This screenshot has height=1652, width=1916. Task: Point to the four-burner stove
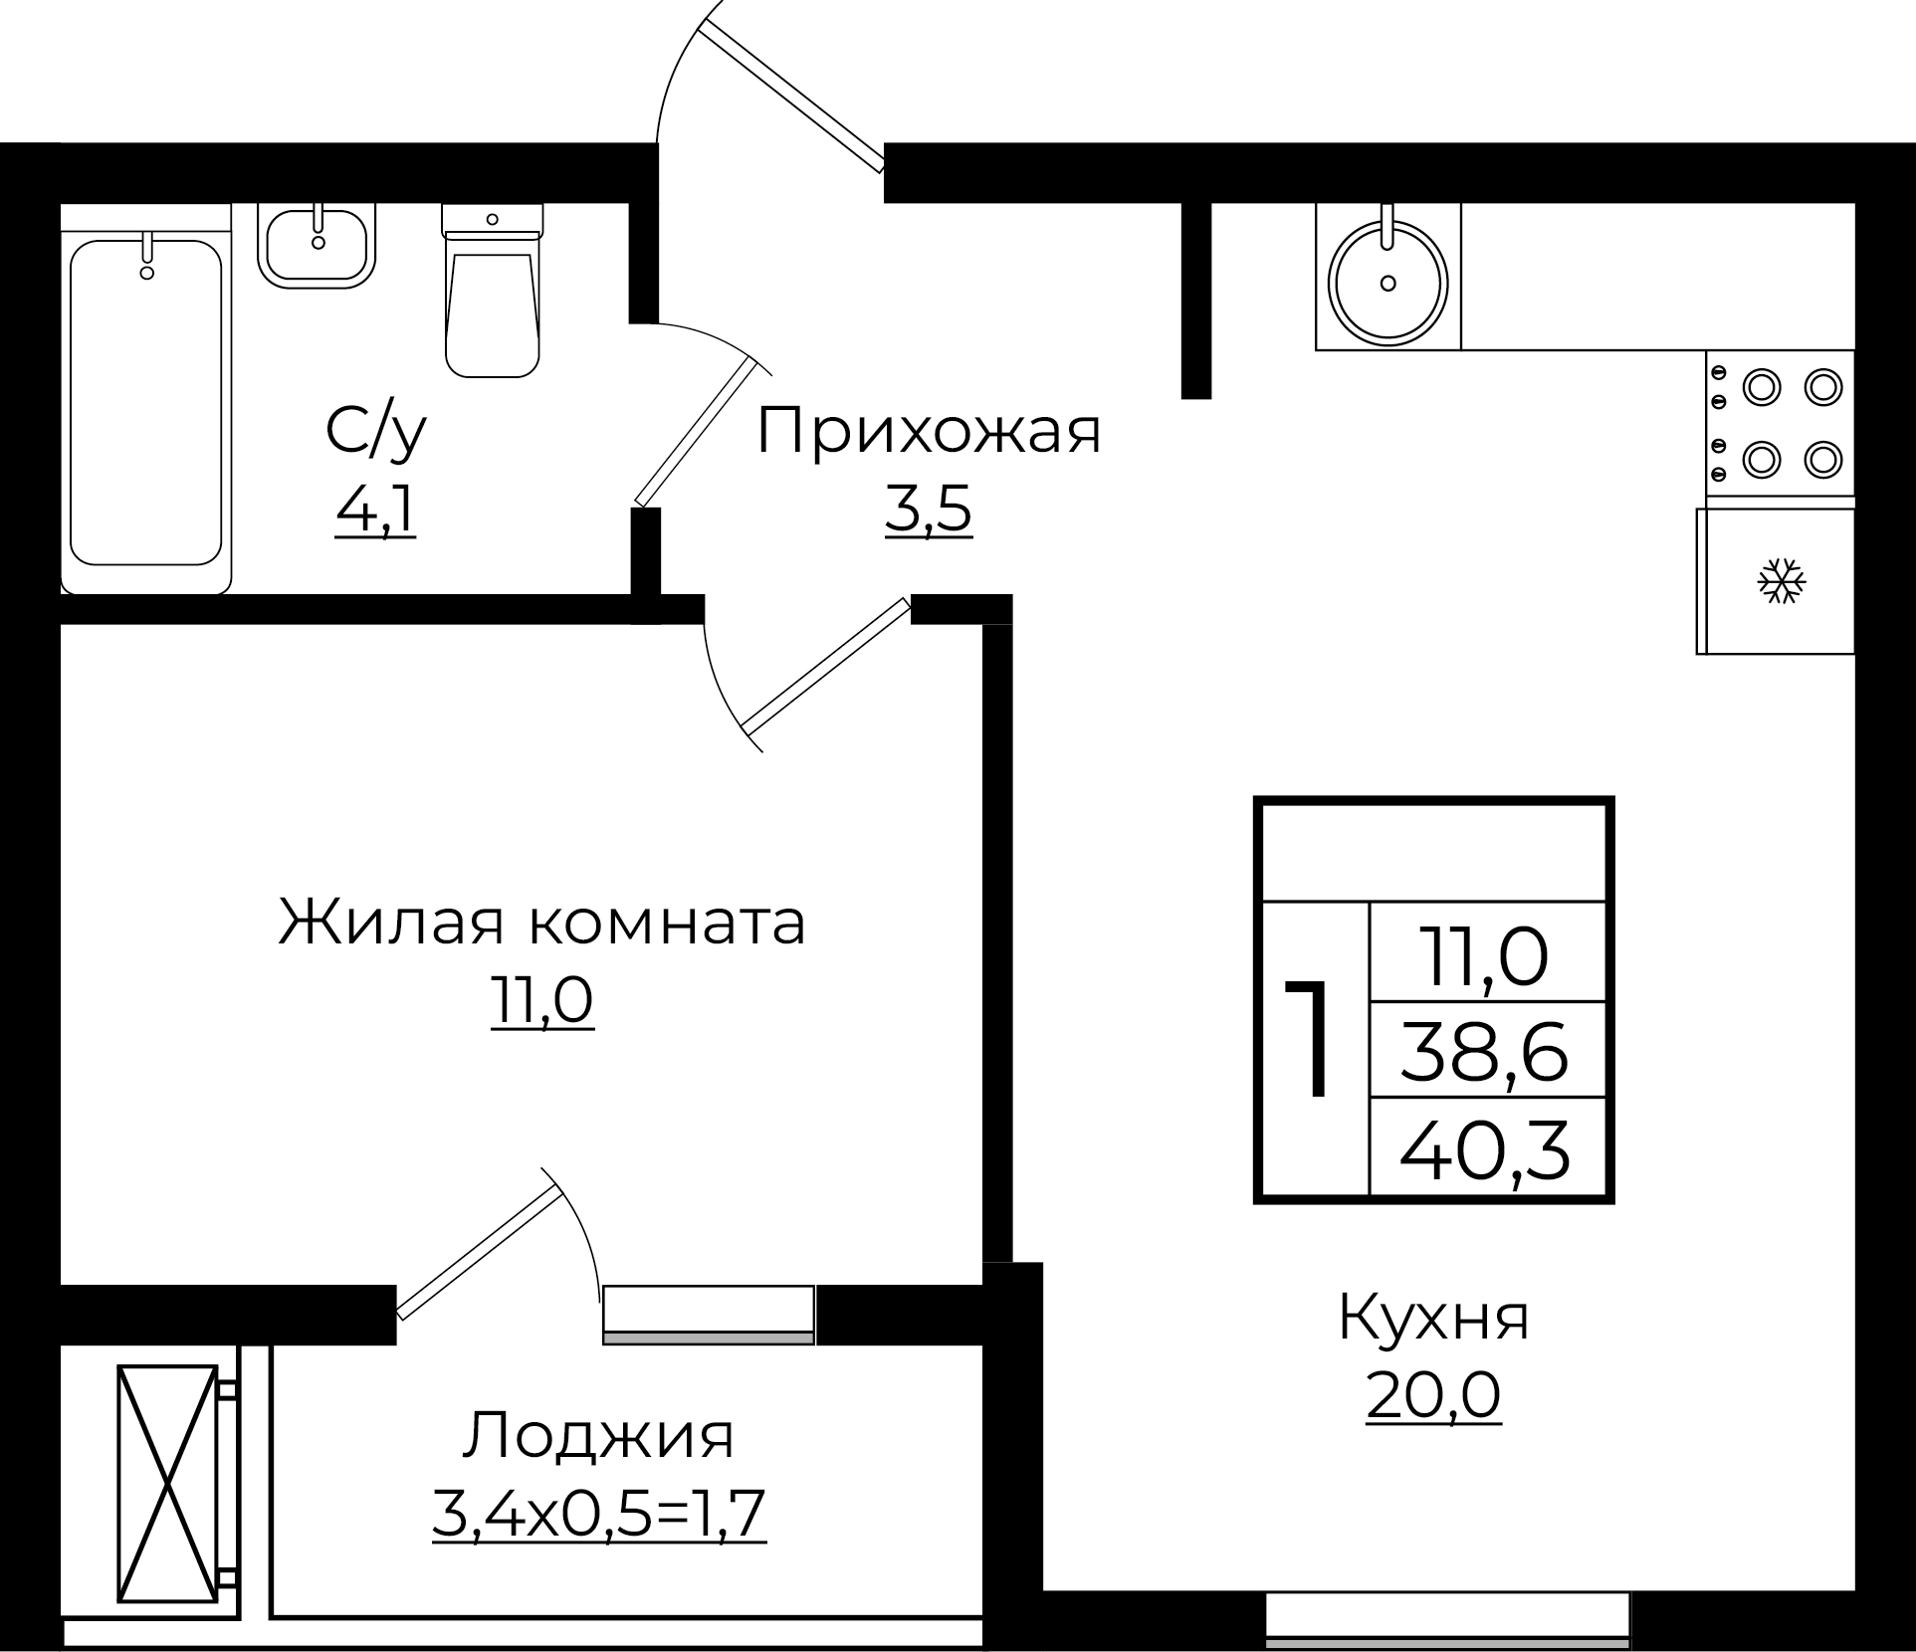pyautogui.click(x=1781, y=423)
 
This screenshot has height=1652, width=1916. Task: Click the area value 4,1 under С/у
pyautogui.click(x=375, y=513)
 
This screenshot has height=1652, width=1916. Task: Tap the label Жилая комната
pyautogui.click(x=542, y=923)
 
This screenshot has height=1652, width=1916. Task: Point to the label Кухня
pyautogui.click(x=1433, y=1318)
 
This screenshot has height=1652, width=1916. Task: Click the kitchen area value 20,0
pyautogui.click(x=1433, y=1395)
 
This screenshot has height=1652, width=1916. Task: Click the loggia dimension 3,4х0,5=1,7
pyautogui.click(x=598, y=1515)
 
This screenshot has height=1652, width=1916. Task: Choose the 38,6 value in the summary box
pyautogui.click(x=1485, y=1052)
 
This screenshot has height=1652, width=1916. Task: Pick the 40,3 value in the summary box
pyautogui.click(x=1485, y=1148)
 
